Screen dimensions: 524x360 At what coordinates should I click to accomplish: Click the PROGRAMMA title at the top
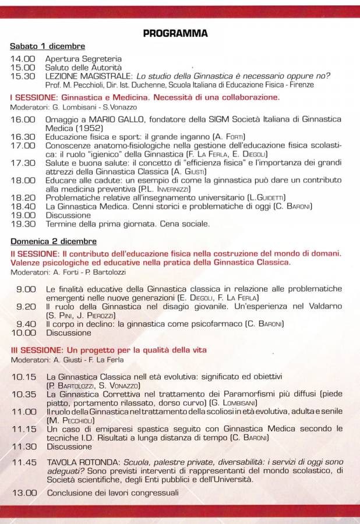(175, 34)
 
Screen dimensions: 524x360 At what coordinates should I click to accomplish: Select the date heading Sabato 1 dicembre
(47, 46)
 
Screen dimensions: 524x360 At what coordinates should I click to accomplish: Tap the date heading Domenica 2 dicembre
(54, 242)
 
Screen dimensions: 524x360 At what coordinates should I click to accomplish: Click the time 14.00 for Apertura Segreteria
(23, 59)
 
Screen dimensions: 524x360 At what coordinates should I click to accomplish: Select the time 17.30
(23, 163)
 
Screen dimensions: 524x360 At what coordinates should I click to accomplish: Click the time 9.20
(26, 306)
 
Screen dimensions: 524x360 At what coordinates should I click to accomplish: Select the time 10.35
(24, 394)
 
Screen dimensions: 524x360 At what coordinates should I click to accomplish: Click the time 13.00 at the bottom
(24, 493)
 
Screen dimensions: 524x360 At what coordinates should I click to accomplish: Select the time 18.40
(23, 206)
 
